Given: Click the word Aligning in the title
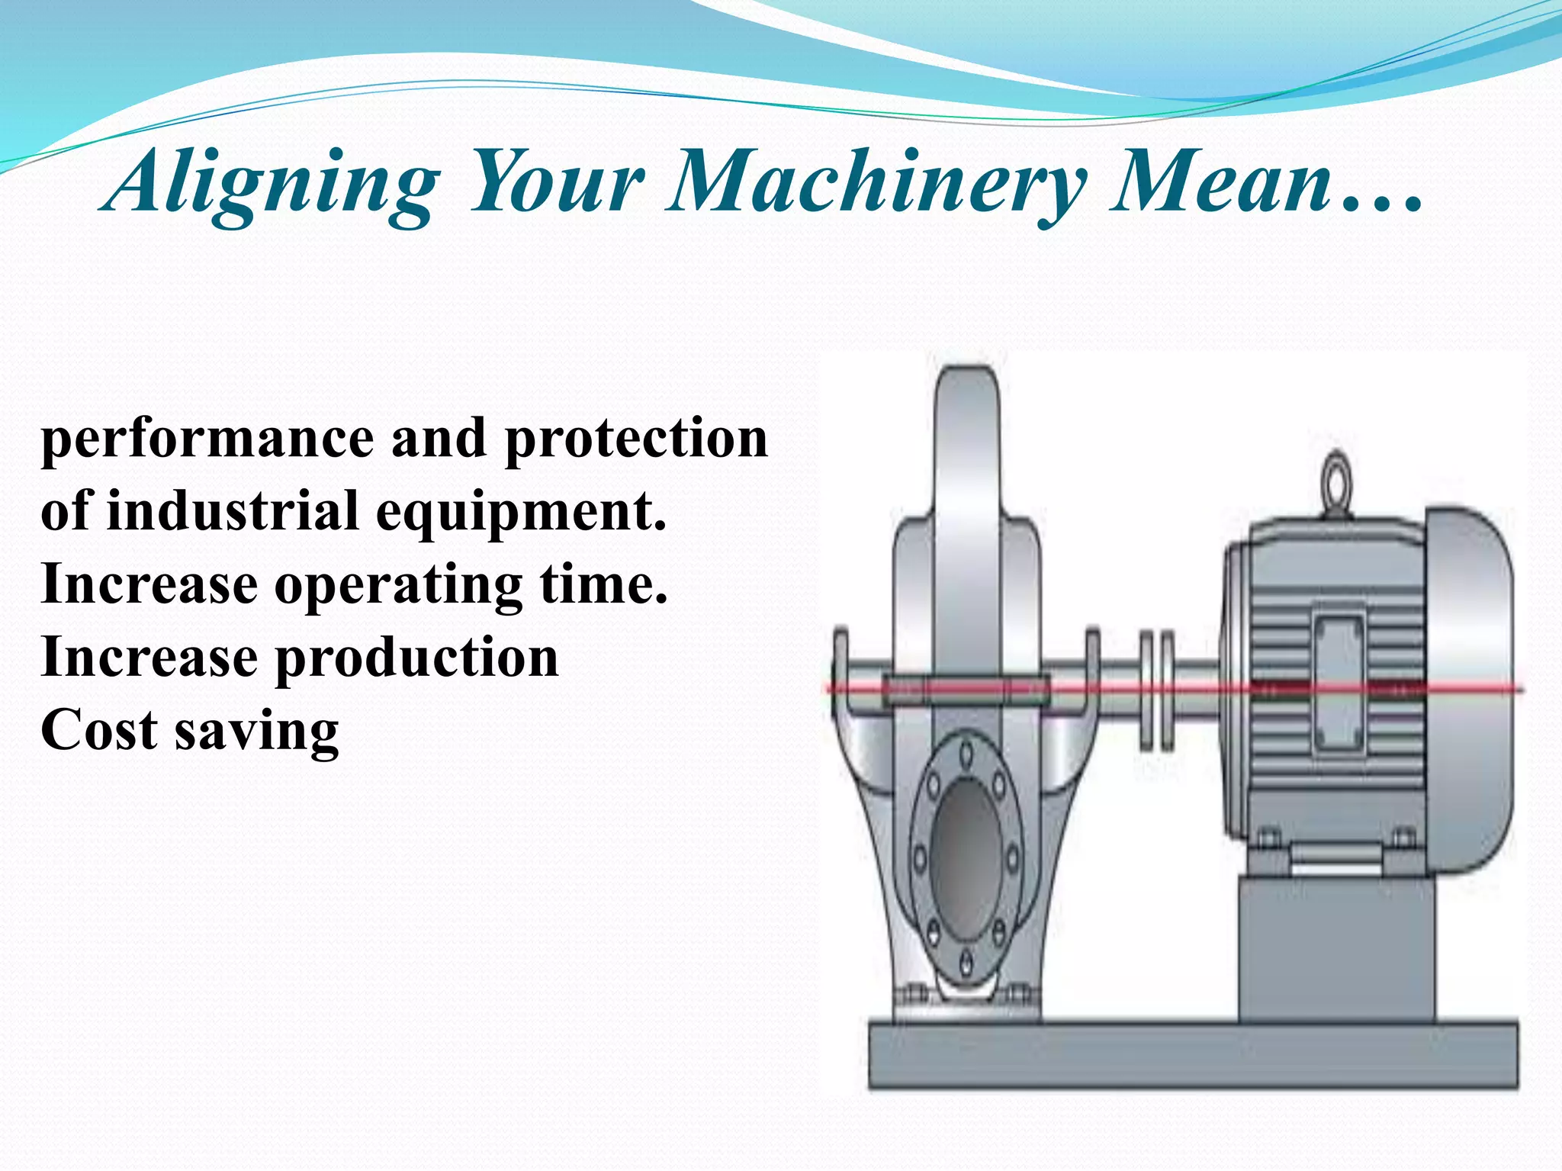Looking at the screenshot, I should (272, 184).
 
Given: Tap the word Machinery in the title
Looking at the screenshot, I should (876, 184).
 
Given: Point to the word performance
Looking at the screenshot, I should (207, 441).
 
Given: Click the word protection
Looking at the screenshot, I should (636, 441).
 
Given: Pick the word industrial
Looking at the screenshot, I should (233, 510).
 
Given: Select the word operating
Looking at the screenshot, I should (398, 585).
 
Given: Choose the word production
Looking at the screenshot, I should (416, 658).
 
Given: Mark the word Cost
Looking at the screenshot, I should (98, 730).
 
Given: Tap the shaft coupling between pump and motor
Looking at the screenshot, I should (1156, 689).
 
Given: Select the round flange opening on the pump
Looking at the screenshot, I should (966, 858).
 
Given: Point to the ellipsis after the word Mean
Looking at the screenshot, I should (1381, 203).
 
